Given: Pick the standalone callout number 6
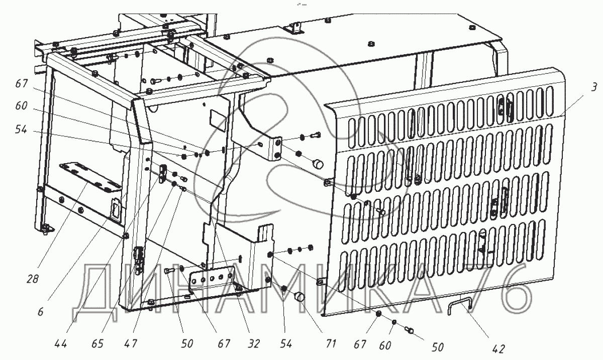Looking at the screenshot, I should pos(41,312).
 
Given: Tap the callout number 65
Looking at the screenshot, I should pos(98,344).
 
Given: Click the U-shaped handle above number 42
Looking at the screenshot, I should pos(460,306).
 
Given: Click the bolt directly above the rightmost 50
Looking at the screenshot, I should pos(410,330).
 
